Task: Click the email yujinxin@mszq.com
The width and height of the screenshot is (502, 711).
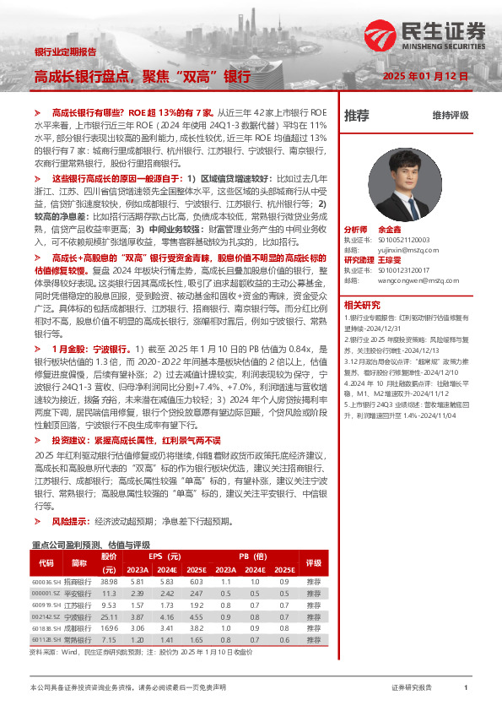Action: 405,249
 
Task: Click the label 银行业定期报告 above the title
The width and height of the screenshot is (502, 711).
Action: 64,52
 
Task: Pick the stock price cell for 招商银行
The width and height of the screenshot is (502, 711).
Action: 109,582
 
